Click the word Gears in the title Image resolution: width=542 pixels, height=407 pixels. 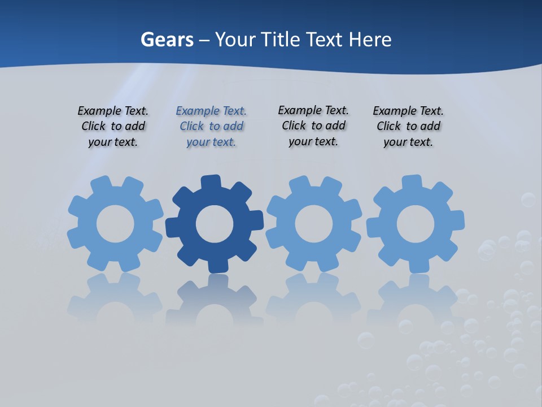pyautogui.click(x=167, y=40)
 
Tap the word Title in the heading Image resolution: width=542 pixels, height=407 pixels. pyautogui.click(x=283, y=40)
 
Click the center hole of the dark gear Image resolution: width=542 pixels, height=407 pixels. pyautogui.click(x=215, y=224)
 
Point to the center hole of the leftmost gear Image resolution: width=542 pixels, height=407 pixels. pyautogui.click(x=115, y=224)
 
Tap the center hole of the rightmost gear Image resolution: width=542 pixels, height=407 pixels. pyautogui.click(x=416, y=224)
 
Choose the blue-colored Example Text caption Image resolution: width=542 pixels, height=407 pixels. pyautogui.click(x=211, y=127)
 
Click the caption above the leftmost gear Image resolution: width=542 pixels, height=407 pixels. pyautogui.click(x=113, y=127)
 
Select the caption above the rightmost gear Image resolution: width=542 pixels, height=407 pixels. pyautogui.click(x=408, y=127)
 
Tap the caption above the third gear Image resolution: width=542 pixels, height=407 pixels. pyautogui.click(x=313, y=125)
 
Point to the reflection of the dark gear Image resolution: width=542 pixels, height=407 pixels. pyautogui.click(x=215, y=300)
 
